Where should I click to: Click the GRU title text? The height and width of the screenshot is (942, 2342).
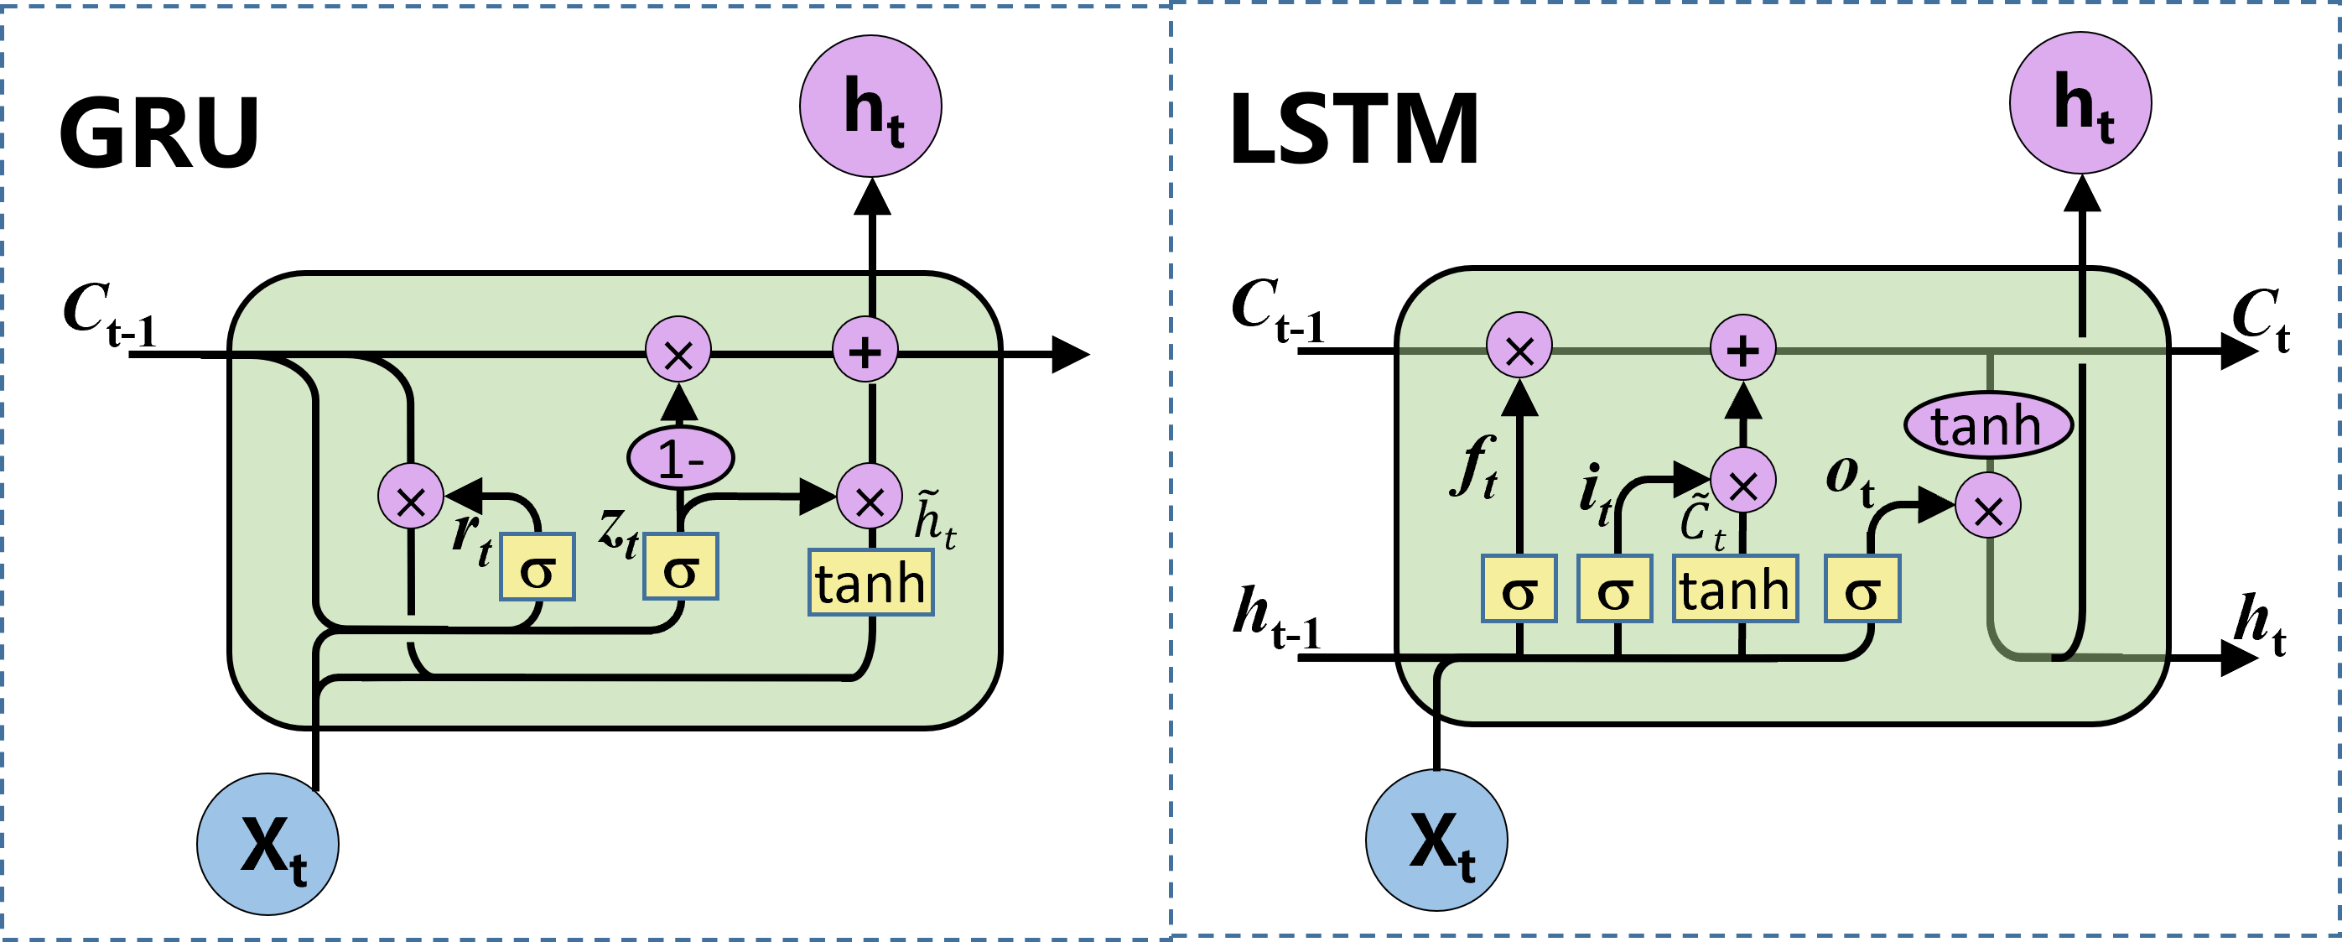tap(160, 133)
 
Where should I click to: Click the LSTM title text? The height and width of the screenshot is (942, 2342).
tap(1353, 129)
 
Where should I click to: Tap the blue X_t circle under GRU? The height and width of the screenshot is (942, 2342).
tap(268, 844)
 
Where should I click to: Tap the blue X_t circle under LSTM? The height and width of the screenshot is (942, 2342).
tap(1436, 841)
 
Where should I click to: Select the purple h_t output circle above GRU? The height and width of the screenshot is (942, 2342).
tap(871, 107)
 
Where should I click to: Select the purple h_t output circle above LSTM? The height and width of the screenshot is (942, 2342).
tap(2081, 102)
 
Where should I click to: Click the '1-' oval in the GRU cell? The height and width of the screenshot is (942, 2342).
tap(681, 457)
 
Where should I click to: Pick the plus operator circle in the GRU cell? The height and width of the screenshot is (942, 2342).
tap(865, 350)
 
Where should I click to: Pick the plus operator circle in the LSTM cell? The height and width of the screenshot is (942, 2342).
tap(1742, 348)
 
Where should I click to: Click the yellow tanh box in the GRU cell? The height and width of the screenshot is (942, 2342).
tap(871, 582)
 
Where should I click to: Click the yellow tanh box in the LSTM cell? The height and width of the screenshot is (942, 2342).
tap(1736, 589)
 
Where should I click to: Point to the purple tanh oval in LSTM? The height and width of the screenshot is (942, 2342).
tap(1988, 424)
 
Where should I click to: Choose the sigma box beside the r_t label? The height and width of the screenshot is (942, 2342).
tap(537, 566)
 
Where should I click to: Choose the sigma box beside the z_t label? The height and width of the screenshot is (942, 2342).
tap(681, 566)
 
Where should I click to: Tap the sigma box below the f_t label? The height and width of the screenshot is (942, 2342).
tap(1519, 589)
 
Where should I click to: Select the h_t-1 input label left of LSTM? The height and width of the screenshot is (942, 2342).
tap(1276, 618)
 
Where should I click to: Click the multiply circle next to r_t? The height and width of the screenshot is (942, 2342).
tap(411, 496)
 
